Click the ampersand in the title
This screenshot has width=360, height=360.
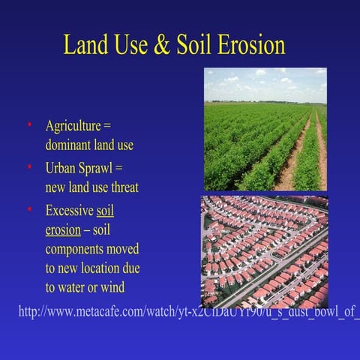click(x=163, y=45)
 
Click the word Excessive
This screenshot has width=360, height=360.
click(x=70, y=211)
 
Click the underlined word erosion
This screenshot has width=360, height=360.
click(x=62, y=229)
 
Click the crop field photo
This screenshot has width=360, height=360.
click(x=265, y=129)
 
